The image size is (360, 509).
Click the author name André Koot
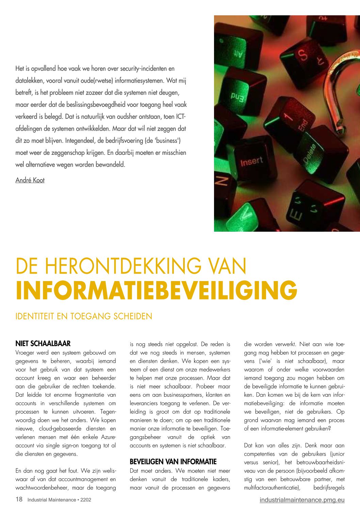click(30, 180)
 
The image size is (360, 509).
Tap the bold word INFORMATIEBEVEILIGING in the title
click(156, 291)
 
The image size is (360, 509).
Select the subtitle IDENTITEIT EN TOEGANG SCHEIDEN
click(84, 316)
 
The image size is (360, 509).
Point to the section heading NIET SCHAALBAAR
click(43, 344)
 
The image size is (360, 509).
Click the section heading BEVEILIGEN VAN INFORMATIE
click(173, 462)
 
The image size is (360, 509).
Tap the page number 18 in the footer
click(19, 499)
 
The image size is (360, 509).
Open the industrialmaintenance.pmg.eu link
click(302, 500)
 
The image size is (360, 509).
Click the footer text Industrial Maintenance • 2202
click(59, 500)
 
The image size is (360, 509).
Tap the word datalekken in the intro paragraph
click(29, 81)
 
